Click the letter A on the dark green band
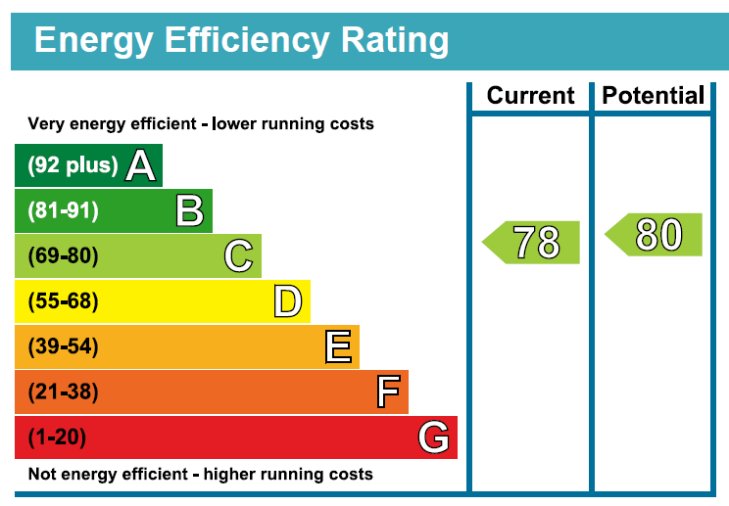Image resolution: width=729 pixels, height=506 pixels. [140, 165]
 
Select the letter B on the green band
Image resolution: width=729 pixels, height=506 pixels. [190, 210]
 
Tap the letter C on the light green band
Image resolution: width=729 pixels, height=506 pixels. [238, 255]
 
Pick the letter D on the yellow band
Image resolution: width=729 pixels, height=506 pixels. [288, 300]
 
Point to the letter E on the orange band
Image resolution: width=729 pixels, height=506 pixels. [338, 346]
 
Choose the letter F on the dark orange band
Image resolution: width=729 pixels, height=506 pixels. [388, 391]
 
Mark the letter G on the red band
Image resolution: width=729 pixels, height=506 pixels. [433, 437]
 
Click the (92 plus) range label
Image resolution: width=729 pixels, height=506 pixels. [73, 165]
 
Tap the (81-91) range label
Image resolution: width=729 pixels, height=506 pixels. [64, 210]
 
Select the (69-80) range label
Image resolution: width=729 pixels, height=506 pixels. [64, 255]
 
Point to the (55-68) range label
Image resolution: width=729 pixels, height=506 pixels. [64, 301]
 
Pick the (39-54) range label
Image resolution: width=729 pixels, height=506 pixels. [64, 346]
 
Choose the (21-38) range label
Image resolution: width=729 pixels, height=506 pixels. [64, 391]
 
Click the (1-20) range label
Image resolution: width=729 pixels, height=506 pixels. [57, 437]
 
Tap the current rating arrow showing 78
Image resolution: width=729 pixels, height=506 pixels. [531, 243]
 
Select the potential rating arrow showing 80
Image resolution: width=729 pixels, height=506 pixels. [654, 235]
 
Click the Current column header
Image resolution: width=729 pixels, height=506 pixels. [530, 96]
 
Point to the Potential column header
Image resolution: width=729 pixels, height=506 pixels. [654, 96]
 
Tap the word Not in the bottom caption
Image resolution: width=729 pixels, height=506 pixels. [42, 474]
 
